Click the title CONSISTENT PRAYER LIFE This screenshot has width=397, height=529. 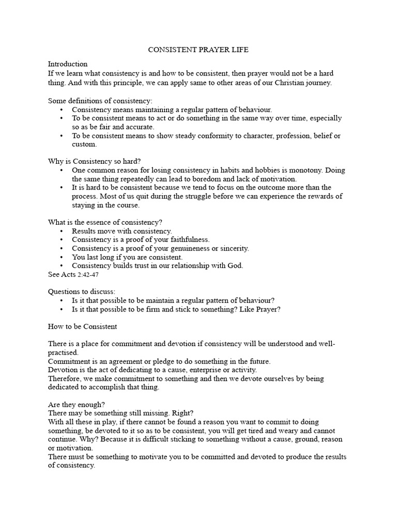click(198, 50)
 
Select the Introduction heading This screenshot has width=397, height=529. click(68, 64)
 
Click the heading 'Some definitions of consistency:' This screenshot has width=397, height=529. click(100, 101)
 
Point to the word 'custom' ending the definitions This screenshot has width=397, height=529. click(84, 145)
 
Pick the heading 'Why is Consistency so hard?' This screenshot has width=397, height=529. click(94, 161)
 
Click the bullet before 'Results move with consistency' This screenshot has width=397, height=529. click(62, 231)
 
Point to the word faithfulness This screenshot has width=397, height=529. click(186, 240)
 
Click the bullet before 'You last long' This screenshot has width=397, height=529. click(62, 257)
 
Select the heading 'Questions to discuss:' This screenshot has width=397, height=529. click(82, 291)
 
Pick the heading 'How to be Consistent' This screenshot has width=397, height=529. click(83, 326)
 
